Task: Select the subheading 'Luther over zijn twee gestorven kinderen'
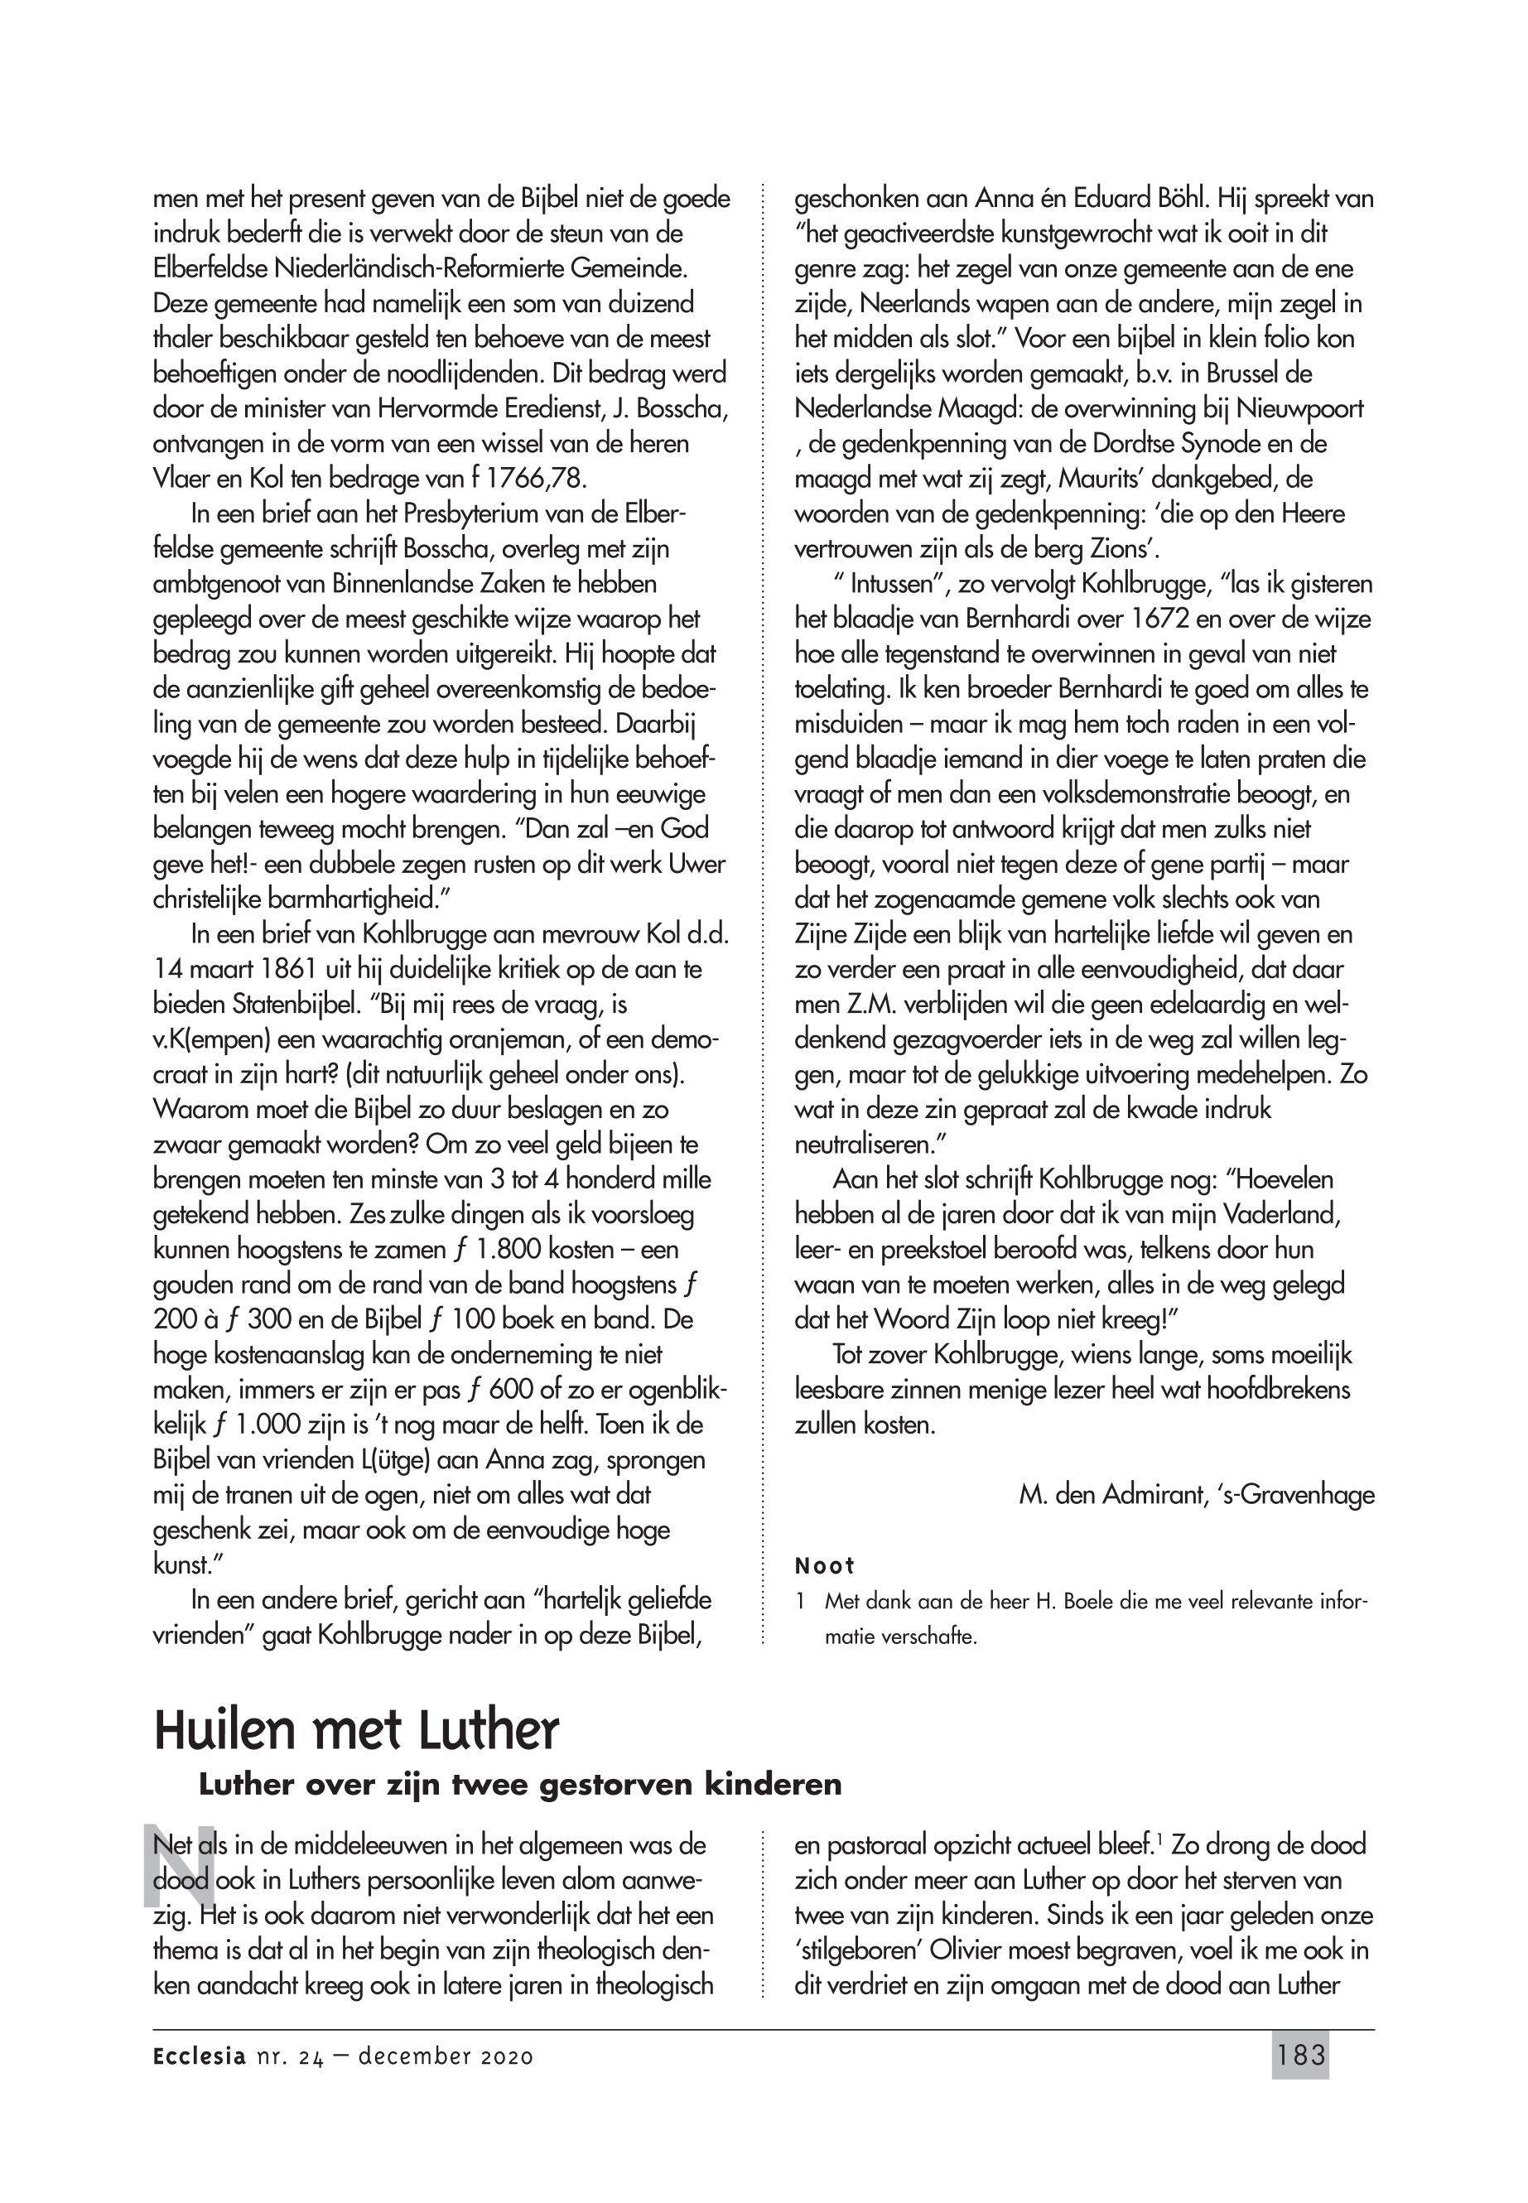[x=520, y=1785]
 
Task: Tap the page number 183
[x=1301, y=2056]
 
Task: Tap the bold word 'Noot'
[x=824, y=1566]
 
